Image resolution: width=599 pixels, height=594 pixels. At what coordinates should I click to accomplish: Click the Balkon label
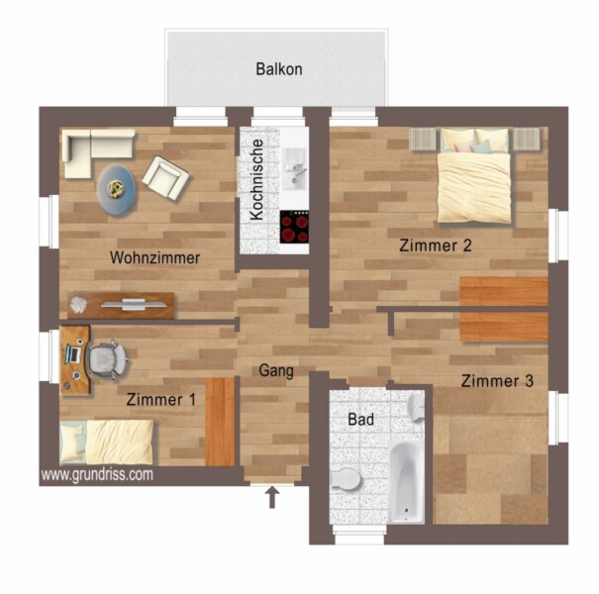[279, 69]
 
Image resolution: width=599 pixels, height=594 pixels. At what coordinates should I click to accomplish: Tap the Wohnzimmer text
[154, 257]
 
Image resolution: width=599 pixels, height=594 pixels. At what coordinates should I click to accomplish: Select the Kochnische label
[256, 179]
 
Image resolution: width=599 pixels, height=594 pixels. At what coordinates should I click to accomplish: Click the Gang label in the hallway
[276, 370]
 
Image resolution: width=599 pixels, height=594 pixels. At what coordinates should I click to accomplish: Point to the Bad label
[360, 420]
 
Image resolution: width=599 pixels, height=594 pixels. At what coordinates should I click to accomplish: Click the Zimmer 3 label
[497, 381]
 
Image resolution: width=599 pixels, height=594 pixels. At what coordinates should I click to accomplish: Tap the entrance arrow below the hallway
[272, 497]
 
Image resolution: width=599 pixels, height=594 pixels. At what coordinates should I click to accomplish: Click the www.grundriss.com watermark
[97, 475]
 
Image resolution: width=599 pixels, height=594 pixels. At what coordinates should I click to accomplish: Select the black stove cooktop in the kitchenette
[294, 227]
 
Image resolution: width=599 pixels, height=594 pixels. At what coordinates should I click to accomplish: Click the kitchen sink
[294, 168]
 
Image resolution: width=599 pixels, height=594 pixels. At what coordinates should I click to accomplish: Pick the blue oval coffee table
[116, 189]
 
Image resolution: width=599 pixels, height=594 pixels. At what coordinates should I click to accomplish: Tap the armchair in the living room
[165, 177]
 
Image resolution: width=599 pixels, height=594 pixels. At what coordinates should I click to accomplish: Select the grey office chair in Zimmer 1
[107, 359]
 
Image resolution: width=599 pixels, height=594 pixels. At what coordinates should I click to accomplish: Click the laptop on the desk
[73, 354]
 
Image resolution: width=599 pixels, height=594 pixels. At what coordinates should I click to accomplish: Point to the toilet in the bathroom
[346, 479]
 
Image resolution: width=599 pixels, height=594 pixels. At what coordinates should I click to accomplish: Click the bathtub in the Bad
[407, 482]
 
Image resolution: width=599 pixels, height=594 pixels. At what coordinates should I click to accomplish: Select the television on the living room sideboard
[134, 305]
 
